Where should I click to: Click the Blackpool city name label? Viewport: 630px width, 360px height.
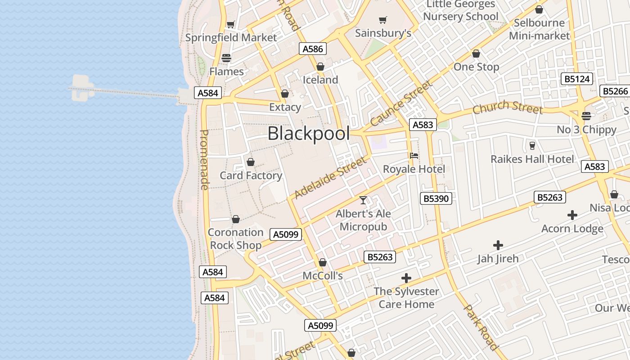click(309, 134)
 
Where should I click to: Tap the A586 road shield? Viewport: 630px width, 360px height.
click(313, 49)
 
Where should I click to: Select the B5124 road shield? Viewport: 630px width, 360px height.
click(577, 79)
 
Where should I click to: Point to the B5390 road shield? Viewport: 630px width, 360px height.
click(436, 198)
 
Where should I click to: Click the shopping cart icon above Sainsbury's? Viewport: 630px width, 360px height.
click(382, 20)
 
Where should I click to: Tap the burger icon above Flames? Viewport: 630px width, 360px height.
click(226, 58)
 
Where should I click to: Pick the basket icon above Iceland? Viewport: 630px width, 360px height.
click(320, 67)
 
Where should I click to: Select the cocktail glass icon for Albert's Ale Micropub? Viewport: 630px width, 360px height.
click(363, 200)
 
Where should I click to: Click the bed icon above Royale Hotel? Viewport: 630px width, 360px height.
click(414, 156)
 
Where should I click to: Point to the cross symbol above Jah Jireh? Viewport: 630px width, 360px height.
click(498, 245)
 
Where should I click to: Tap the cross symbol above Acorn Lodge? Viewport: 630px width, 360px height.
click(572, 215)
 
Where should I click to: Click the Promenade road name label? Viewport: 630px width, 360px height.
click(204, 160)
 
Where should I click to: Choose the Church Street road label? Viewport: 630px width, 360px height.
click(507, 108)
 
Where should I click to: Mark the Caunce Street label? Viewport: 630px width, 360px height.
click(401, 103)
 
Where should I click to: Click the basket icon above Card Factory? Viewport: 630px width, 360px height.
click(251, 162)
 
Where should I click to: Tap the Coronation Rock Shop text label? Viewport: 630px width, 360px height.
click(235, 239)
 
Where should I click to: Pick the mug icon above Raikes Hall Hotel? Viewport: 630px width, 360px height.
click(532, 145)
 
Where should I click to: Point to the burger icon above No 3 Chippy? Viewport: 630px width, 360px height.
click(586, 116)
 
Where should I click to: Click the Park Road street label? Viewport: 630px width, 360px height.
click(481, 327)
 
